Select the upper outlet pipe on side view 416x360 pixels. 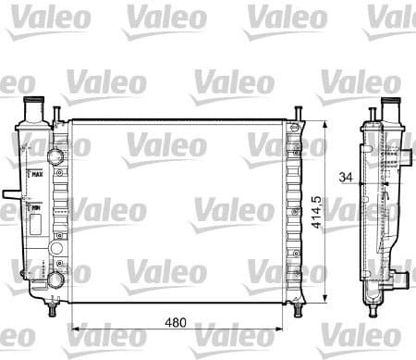tap(407, 147)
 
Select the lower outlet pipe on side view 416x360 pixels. tap(403, 277)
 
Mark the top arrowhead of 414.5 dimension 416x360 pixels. tap(328, 121)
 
